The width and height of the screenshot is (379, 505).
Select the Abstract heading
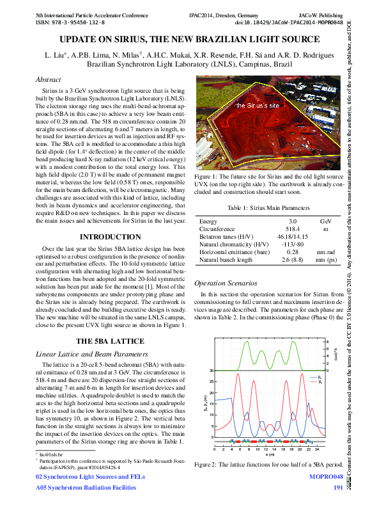[49, 80]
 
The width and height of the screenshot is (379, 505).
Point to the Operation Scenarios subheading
[226, 283]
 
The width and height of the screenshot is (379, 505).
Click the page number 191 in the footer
[338, 488]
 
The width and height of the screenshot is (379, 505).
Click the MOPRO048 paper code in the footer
[327, 477]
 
